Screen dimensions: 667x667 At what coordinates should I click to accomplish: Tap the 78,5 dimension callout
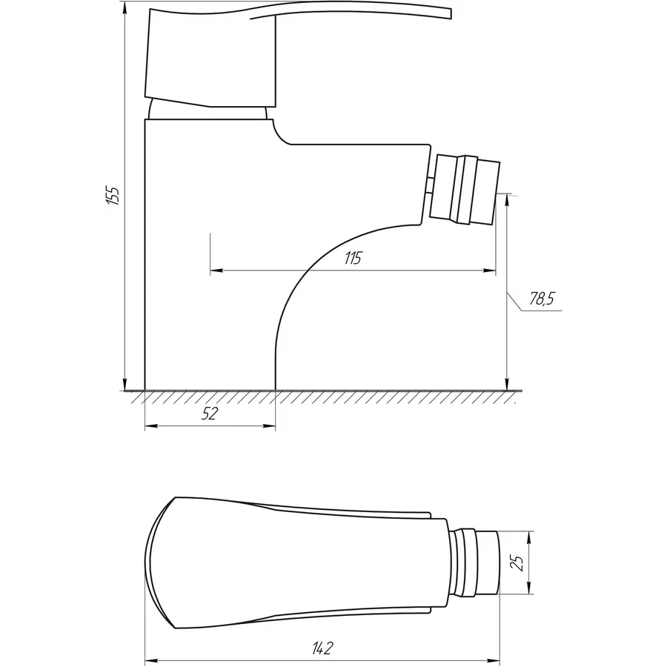(x=541, y=299)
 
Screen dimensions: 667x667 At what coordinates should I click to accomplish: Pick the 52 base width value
(x=210, y=414)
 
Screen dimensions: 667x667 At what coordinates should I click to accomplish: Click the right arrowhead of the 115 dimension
(x=493, y=271)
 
